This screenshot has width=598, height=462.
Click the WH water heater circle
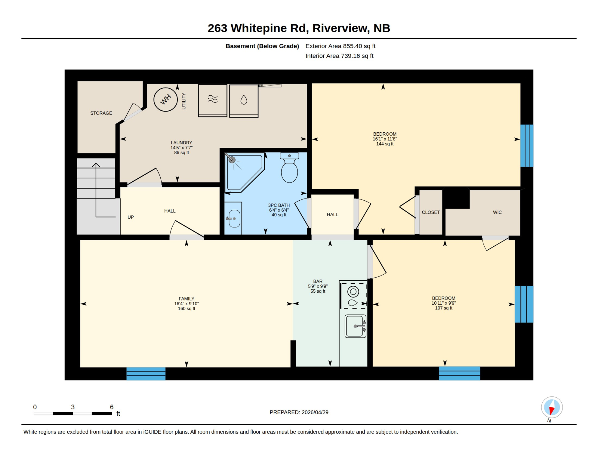165,100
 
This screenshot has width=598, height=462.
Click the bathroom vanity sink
234,219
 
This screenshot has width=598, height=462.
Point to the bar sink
355,326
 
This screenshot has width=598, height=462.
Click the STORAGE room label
101,113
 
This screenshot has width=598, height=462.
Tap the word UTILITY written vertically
184,101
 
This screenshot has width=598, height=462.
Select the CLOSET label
430,212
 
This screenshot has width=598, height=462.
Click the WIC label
497,212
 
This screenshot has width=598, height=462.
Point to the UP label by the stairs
131,217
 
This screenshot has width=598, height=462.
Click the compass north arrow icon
552,408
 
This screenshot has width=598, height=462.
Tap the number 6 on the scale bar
112,407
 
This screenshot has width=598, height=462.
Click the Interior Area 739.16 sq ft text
339,56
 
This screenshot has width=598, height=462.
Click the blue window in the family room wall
146,374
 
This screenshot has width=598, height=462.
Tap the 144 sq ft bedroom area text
384,144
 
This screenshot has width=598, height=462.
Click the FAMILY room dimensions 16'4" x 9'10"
186,304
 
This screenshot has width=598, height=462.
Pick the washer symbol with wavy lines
212,100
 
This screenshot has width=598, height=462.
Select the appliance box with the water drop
244,100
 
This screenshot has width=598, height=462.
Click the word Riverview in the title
340,28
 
